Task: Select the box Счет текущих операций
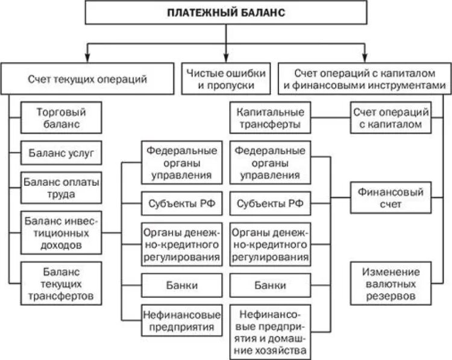pyautogui.click(x=87, y=79)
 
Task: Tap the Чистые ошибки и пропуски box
pyautogui.click(x=225, y=79)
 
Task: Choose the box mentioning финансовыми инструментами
pyautogui.click(x=364, y=79)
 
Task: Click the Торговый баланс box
pyautogui.click(x=61, y=118)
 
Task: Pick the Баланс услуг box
pyautogui.click(x=61, y=153)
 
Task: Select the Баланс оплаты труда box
pyautogui.click(x=61, y=187)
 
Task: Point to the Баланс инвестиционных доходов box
pyautogui.click(x=61, y=231)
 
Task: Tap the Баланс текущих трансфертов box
pyautogui.click(x=61, y=283)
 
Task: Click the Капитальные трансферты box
pyautogui.click(x=270, y=118)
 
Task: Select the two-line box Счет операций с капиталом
pyautogui.click(x=391, y=118)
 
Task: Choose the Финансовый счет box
pyautogui.click(x=391, y=197)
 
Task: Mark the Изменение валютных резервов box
pyautogui.click(x=391, y=283)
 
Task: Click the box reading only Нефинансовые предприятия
pyautogui.click(x=178, y=320)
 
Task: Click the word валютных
pyautogui.click(x=391, y=283)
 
